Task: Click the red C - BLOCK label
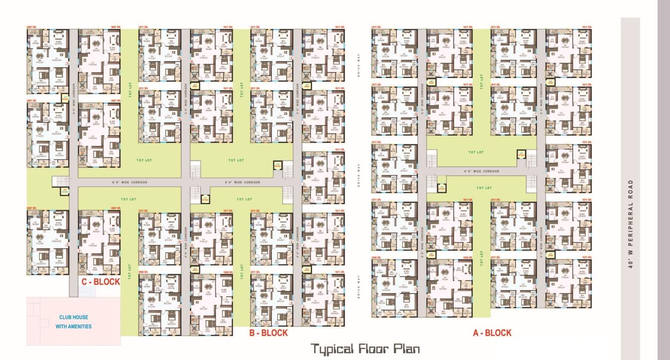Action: (x=101, y=281)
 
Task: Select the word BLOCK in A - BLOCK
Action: (x=498, y=332)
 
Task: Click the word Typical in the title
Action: (x=331, y=348)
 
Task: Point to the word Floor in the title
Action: (x=374, y=348)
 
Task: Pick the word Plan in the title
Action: (x=408, y=348)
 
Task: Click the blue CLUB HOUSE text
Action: (x=75, y=317)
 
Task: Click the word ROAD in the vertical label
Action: (x=630, y=192)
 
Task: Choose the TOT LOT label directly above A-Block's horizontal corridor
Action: (x=476, y=152)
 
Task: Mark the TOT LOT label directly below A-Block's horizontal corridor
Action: (x=483, y=188)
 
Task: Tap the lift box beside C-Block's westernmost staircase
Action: (x=64, y=191)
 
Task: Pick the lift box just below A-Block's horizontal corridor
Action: (x=441, y=188)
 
